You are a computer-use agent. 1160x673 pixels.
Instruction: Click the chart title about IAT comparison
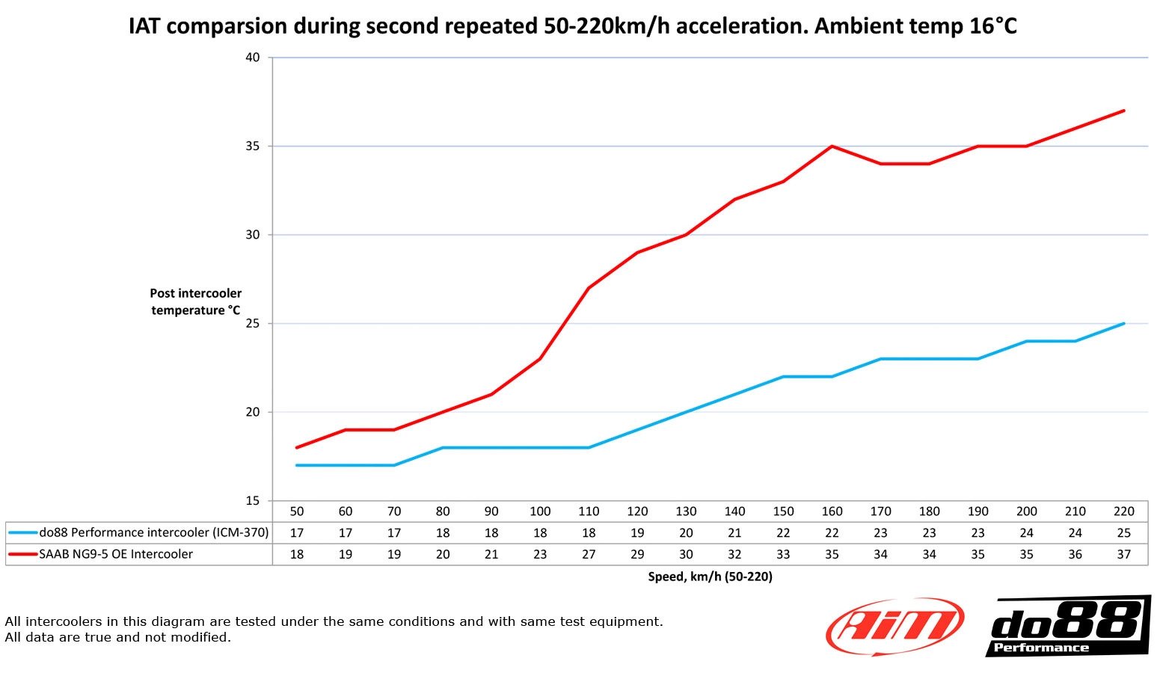573,26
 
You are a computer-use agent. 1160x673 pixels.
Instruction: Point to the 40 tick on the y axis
252,58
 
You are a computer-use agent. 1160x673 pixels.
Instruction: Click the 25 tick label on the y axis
252,324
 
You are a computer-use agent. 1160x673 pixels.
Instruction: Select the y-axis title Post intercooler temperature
196,301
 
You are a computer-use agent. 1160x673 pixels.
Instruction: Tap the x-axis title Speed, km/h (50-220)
710,577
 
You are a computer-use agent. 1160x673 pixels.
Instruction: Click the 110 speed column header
589,511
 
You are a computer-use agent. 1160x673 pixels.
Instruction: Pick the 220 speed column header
1123,511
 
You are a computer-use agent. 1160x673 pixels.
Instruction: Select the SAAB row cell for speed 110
589,554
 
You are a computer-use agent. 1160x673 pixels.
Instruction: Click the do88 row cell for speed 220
1123,533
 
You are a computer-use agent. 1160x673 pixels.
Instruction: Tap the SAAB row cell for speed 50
297,554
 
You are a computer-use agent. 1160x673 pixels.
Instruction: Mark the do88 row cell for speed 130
686,533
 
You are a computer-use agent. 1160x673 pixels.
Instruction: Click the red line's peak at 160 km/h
832,147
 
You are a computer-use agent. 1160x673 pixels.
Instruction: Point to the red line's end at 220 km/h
1123,111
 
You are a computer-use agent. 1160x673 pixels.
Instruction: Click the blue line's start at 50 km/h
297,465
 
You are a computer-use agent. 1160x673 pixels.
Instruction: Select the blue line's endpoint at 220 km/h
1123,324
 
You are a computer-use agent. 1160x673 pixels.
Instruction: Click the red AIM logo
894,626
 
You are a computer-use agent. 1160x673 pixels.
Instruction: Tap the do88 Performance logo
1067,626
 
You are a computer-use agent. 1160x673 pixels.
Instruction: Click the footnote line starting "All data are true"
117,637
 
